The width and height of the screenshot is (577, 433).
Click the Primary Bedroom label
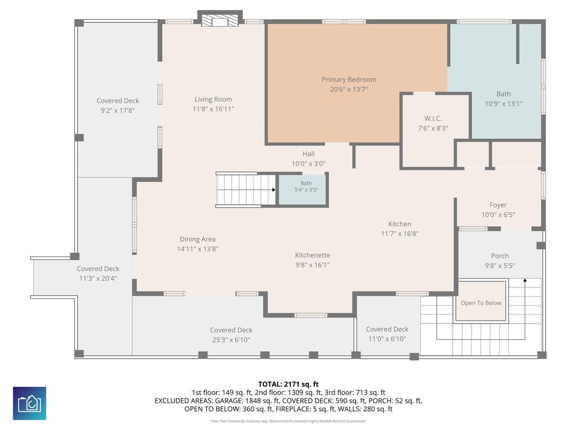(349, 79)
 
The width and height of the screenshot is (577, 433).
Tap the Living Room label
(213, 99)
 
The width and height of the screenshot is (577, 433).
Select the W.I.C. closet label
(433, 118)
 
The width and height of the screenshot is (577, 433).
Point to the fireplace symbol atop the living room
(220, 21)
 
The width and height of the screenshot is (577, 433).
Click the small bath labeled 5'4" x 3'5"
(303, 189)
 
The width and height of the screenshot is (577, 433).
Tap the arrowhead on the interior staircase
(274, 190)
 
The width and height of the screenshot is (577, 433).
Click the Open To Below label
(481, 303)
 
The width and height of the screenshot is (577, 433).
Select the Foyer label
(498, 205)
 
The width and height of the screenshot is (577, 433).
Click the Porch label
(500, 256)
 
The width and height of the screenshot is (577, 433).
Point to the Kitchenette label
(312, 255)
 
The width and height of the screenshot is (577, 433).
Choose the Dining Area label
(198, 239)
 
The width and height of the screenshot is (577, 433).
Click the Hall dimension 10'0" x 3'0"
(308, 164)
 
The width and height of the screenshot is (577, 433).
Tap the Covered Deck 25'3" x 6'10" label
(231, 335)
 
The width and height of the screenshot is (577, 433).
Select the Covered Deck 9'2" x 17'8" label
(118, 105)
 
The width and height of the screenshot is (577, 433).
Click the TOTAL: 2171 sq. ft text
(288, 385)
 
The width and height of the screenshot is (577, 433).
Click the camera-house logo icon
(29, 403)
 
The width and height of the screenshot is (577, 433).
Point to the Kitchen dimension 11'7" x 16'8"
(400, 234)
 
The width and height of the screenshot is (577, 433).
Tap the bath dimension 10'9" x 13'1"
(503, 104)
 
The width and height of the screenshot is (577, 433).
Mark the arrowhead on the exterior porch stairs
(525, 281)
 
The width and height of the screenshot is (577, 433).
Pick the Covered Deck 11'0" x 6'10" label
(387, 334)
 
